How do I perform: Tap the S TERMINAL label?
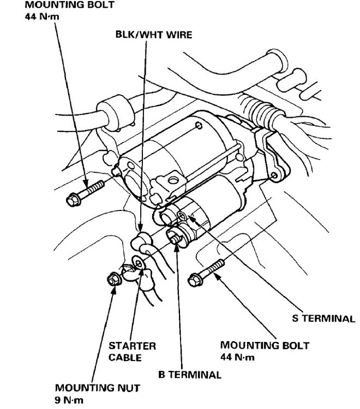324,319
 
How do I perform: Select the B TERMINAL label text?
189,375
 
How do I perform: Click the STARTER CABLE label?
132,352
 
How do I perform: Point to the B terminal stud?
175,238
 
